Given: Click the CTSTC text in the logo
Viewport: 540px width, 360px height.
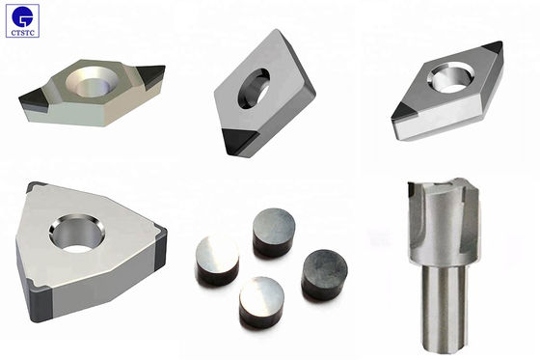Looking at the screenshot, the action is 23,33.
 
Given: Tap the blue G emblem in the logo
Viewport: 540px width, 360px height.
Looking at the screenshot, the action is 22,16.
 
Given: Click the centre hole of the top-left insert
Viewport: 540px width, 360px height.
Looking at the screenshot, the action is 92,82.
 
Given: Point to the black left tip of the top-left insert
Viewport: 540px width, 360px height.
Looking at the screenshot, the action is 34,100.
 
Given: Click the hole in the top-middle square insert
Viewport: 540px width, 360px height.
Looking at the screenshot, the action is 254,89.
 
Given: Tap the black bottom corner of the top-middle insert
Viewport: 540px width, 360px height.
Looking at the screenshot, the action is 239,141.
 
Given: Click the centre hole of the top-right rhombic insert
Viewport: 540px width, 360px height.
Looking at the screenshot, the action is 448,77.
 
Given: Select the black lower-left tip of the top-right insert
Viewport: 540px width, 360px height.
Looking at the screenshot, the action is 404,111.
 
